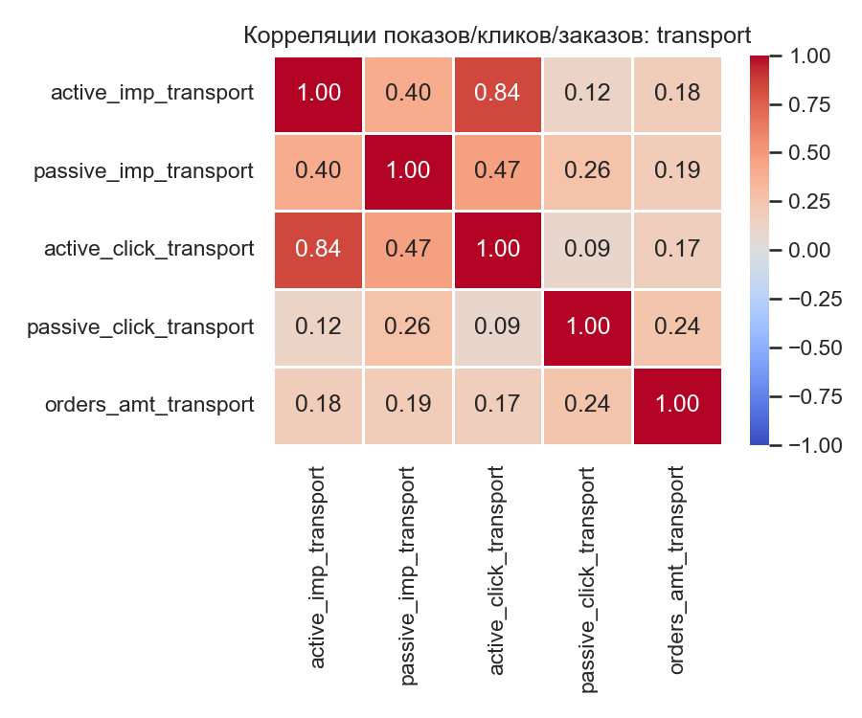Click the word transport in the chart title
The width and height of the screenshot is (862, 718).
point(701,34)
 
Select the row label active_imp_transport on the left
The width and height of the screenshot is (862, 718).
point(152,93)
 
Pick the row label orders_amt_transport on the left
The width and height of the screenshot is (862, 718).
point(149,404)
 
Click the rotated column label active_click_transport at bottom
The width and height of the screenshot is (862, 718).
point(497,569)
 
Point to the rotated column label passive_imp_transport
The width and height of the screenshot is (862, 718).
point(408,576)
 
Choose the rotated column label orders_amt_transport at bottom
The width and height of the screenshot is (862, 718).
point(676,569)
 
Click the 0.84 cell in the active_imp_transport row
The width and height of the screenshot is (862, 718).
point(497,93)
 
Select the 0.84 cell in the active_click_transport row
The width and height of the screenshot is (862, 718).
point(319,249)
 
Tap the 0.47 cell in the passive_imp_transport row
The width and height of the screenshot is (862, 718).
point(497,171)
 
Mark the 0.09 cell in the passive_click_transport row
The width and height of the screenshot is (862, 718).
point(497,326)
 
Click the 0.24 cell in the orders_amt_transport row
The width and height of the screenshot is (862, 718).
point(587,404)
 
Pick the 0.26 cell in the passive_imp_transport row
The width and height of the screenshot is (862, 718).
point(587,171)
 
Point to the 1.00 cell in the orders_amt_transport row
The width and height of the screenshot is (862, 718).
point(676,404)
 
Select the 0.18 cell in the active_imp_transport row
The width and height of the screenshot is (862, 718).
point(676,93)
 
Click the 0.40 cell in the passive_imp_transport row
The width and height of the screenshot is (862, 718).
point(319,171)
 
